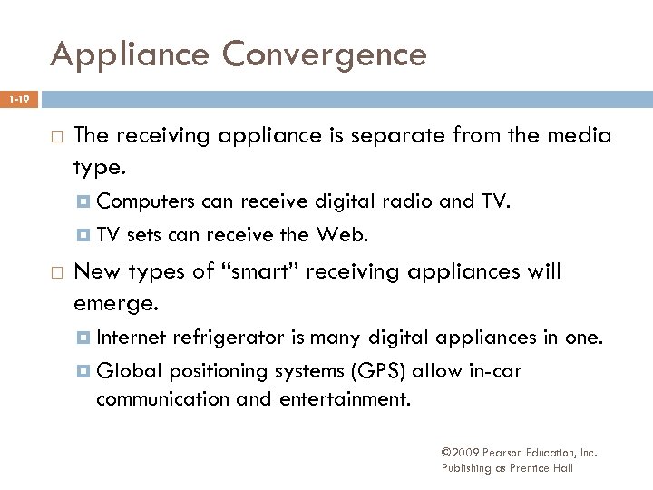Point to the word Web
tap(344, 236)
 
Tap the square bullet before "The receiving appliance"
tap(54, 137)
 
